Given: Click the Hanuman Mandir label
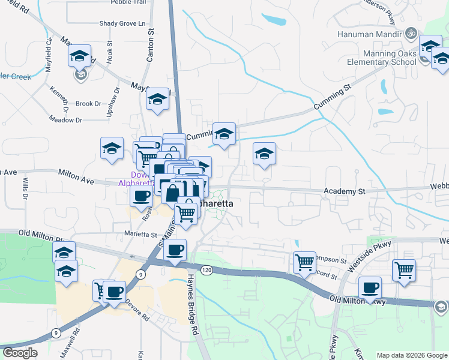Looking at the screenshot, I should (x=370, y=33).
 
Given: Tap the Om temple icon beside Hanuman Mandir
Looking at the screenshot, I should (x=411, y=33).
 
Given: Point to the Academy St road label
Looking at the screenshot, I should (x=344, y=191).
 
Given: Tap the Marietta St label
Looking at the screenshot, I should (x=140, y=235).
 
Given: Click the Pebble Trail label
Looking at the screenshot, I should (x=128, y=2).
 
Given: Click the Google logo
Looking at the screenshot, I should (x=20, y=353).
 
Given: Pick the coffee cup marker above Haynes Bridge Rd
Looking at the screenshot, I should (x=175, y=250).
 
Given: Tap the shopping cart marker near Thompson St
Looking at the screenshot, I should (x=304, y=262).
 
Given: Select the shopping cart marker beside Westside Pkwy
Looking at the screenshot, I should (x=404, y=270).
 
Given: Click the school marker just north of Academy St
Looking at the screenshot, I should (x=264, y=154).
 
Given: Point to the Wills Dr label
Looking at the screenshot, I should (x=26, y=188).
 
